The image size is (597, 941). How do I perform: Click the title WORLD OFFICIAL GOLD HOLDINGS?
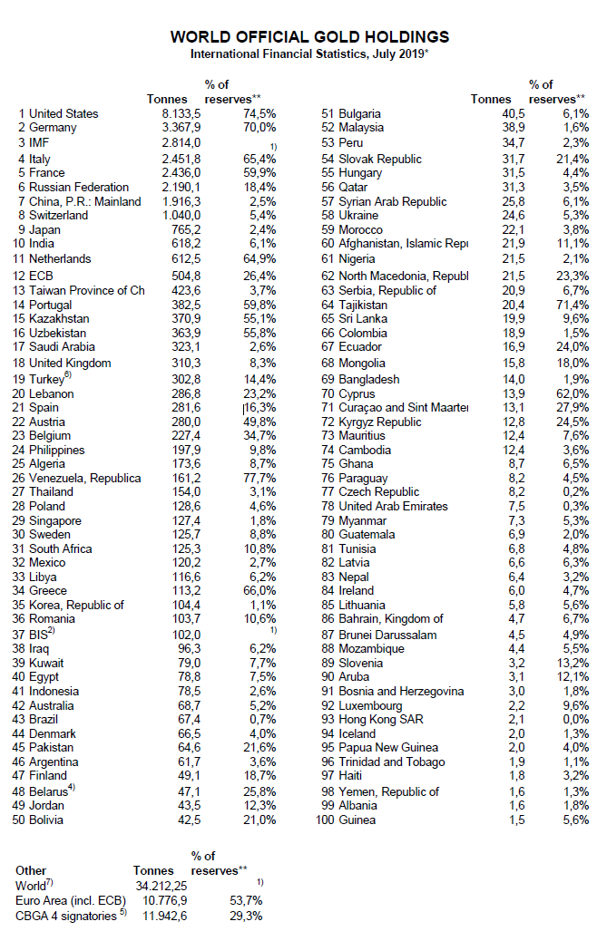tap(309, 37)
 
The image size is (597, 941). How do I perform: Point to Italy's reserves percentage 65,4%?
tap(259, 159)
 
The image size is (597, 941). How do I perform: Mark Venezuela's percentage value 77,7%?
tap(259, 478)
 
